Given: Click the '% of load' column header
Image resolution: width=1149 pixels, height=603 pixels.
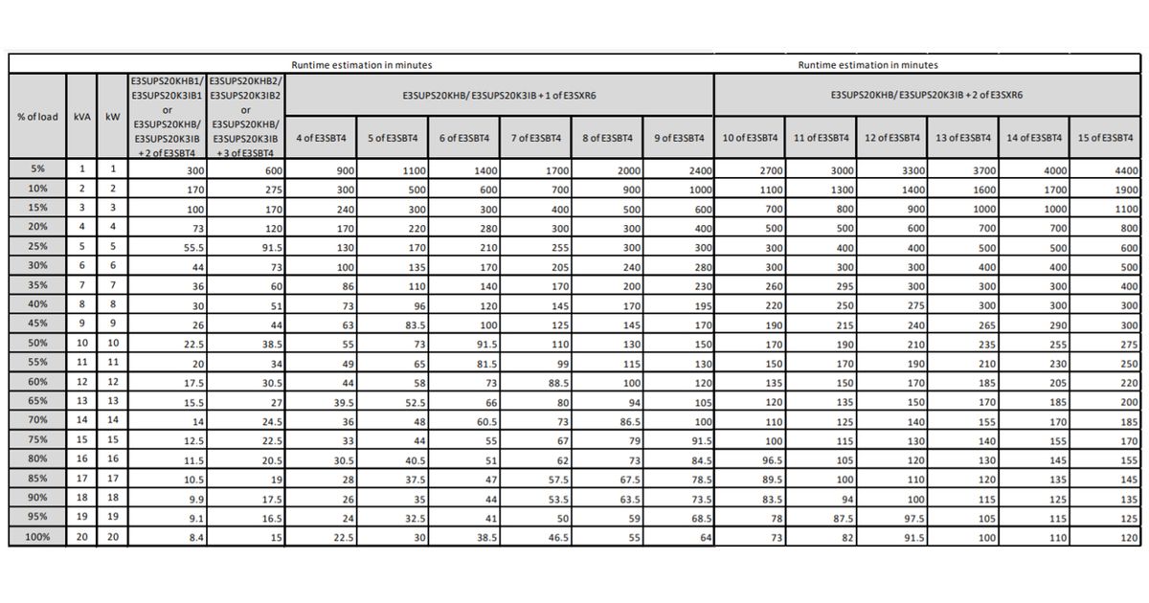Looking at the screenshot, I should pyautogui.click(x=37, y=117).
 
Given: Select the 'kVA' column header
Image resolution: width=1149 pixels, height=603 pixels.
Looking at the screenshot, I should pyautogui.click(x=82, y=117).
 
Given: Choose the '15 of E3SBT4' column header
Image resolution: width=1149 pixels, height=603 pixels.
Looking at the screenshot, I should pyautogui.click(x=1105, y=138).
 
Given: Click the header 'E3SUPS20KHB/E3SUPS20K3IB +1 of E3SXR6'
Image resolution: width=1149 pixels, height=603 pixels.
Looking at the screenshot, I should pyautogui.click(x=499, y=96).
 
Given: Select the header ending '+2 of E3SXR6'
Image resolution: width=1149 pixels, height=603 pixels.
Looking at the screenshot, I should pyautogui.click(x=927, y=96).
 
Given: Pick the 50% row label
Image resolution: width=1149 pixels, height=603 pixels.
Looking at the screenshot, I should pyautogui.click(x=37, y=343).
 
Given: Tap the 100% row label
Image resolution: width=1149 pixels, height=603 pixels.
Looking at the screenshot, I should pyautogui.click(x=37, y=538).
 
